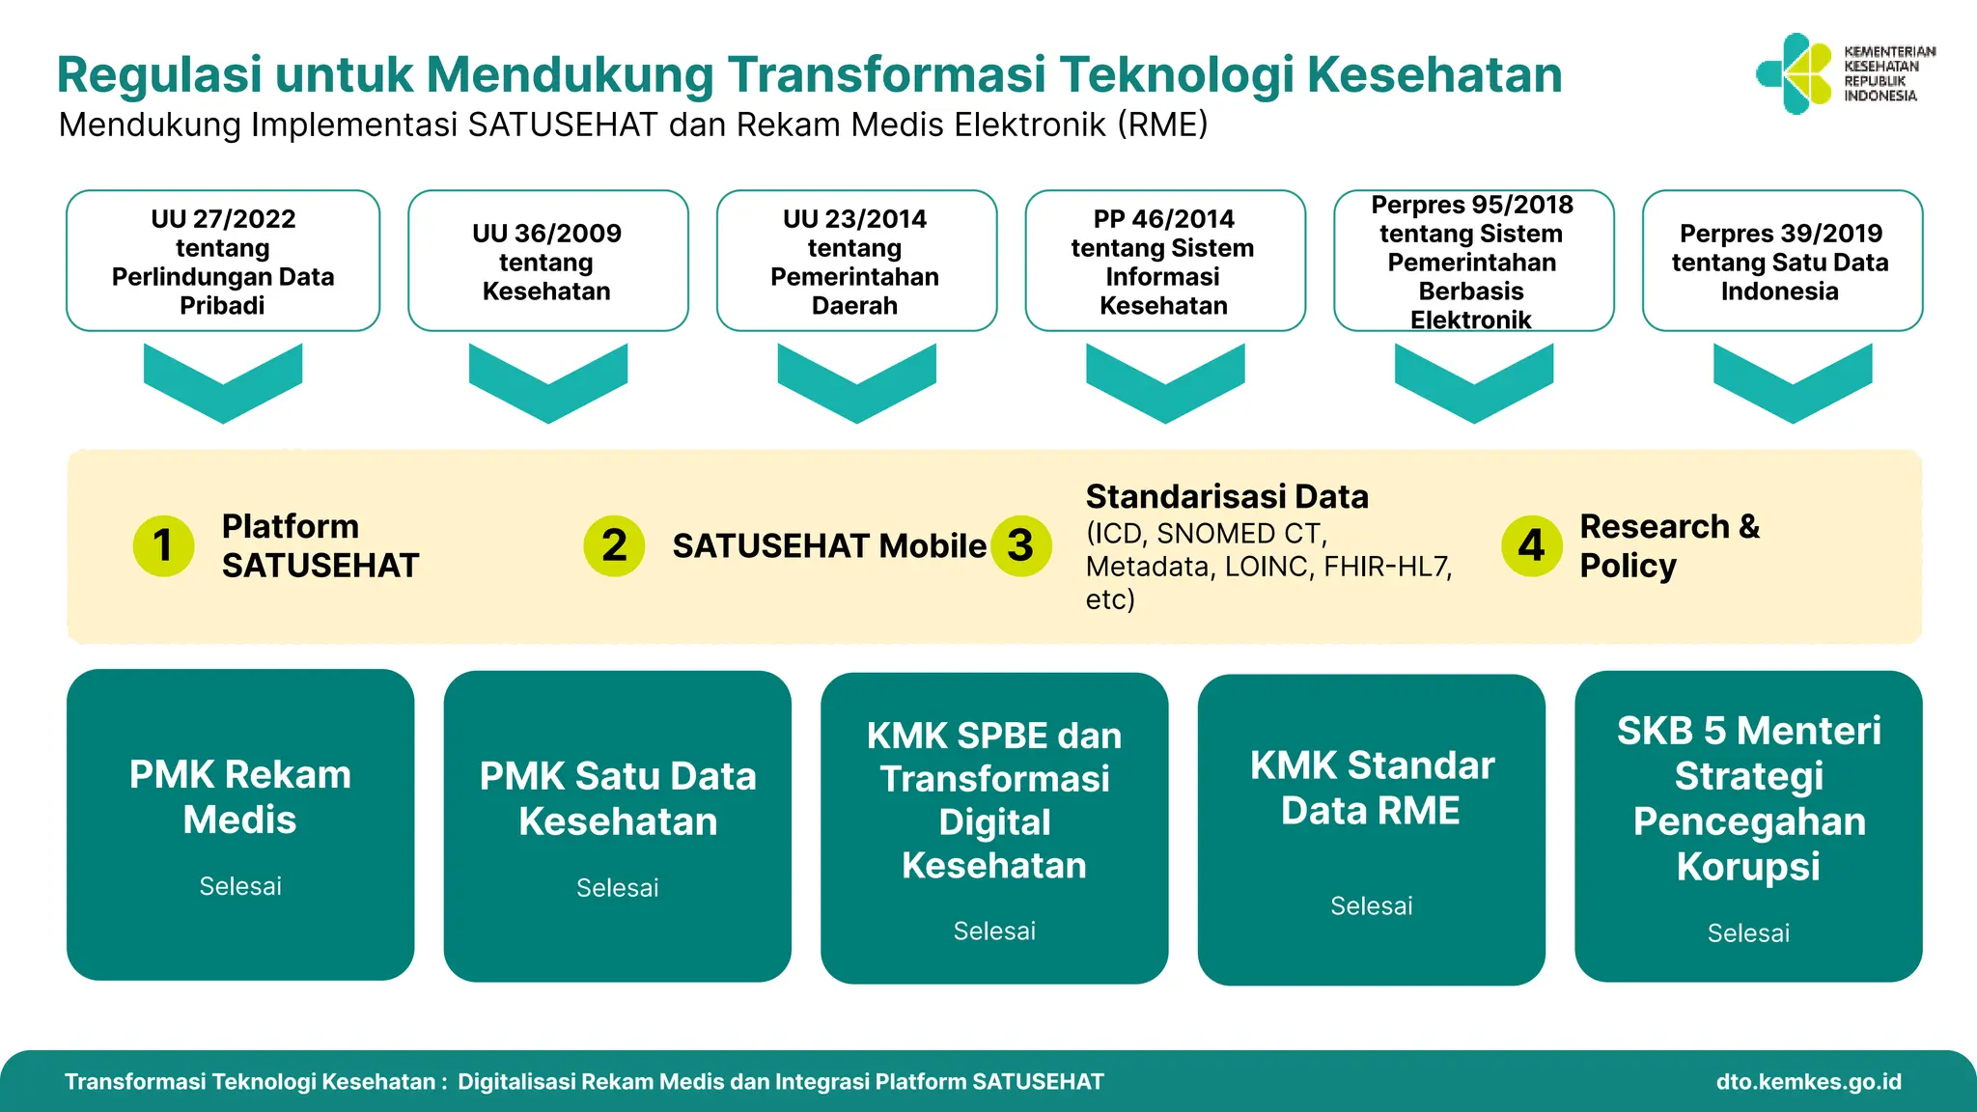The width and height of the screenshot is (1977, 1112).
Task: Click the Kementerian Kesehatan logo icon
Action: [x=1794, y=74]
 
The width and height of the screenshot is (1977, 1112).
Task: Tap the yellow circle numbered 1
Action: [x=163, y=545]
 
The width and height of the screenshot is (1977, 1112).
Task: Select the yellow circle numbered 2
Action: [x=614, y=545]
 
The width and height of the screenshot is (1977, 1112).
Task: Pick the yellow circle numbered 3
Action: [x=1021, y=546]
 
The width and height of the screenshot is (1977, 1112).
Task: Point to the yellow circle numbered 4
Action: [x=1531, y=545]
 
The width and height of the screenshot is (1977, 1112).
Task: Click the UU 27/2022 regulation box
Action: [x=223, y=261]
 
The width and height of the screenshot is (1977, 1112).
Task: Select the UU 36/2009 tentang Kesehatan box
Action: [x=547, y=261]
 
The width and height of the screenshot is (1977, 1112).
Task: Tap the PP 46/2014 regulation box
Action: [x=1164, y=261]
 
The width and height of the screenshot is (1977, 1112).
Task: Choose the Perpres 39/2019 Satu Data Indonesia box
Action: [x=1781, y=261]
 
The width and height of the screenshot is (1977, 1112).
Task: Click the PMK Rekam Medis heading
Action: [x=240, y=797]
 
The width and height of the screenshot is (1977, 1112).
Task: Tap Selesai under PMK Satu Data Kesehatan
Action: [x=617, y=888]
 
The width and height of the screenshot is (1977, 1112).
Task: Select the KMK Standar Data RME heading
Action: [x=1371, y=788]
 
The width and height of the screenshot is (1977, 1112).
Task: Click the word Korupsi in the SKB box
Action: [x=1748, y=867]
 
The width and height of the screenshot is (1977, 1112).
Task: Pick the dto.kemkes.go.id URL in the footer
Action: [x=1808, y=1082]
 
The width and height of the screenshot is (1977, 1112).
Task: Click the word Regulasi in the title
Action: [x=159, y=74]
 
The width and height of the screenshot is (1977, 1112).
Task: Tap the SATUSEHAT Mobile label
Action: [x=828, y=546]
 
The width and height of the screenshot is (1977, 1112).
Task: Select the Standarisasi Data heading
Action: [x=1227, y=496]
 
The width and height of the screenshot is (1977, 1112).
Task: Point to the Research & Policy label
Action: [x=1669, y=545]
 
